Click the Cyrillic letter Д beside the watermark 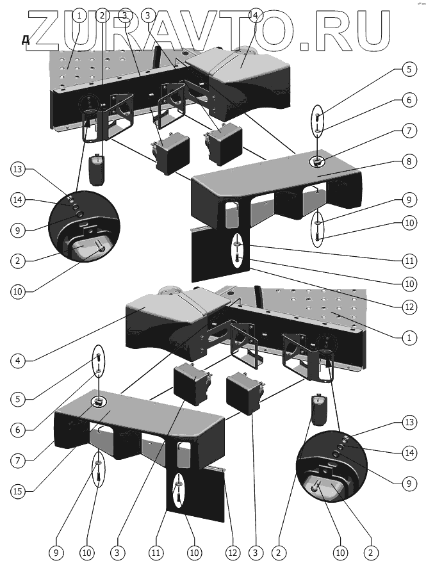coord(26,40)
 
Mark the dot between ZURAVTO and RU coord(304,45)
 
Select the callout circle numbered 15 coord(20,491)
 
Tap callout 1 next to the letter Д coord(79,15)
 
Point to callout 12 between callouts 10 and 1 coord(406,307)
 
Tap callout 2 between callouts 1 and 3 coord(102,15)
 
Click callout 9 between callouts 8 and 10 coord(406,199)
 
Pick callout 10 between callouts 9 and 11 coord(406,224)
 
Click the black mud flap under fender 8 coord(215,256)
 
